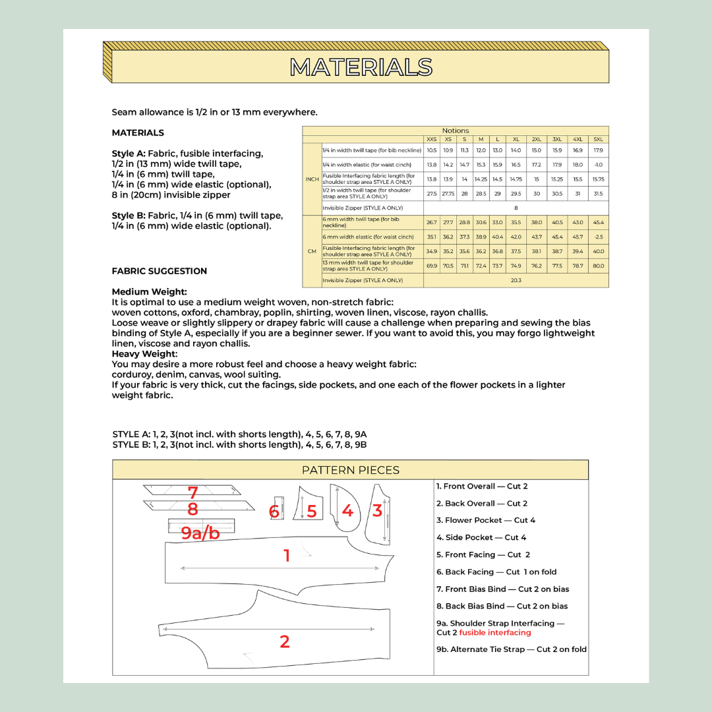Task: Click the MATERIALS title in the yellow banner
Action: click(x=361, y=67)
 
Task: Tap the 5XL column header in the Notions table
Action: click(x=598, y=139)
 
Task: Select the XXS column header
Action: click(x=431, y=139)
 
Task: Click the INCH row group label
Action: click(x=312, y=179)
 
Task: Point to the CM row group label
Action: click(x=312, y=251)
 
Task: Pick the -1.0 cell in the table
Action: click(x=598, y=165)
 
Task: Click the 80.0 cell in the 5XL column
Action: click(x=598, y=266)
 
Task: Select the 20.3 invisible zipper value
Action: click(x=516, y=280)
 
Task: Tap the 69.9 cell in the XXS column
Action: click(x=431, y=266)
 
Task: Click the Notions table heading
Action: click(x=456, y=131)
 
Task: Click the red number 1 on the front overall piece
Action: click(x=287, y=556)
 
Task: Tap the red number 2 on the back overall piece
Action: click(x=285, y=641)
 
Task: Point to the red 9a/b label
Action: click(x=200, y=533)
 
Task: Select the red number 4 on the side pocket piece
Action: click(x=347, y=511)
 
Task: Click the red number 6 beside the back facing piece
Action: click(x=274, y=512)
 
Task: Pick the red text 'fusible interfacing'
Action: click(x=495, y=633)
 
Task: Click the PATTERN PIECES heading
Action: click(x=350, y=470)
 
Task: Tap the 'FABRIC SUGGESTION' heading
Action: click(x=160, y=271)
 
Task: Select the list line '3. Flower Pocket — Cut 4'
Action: click(x=486, y=520)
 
